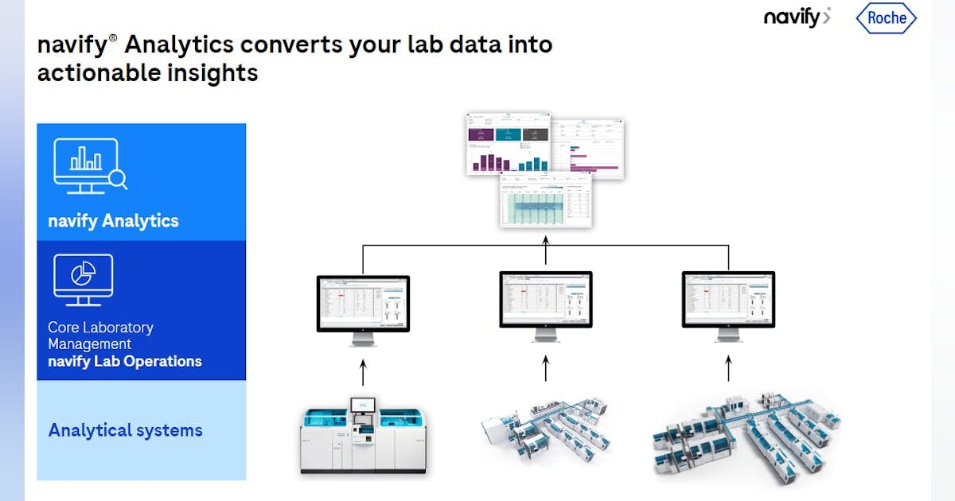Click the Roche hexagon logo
[x=887, y=18]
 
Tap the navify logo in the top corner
[x=797, y=17]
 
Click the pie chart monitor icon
[x=83, y=279]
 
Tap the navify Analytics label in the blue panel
[x=114, y=221]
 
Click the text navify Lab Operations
[x=125, y=361]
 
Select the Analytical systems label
[x=126, y=430]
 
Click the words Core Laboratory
[x=100, y=327]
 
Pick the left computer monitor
[x=363, y=306]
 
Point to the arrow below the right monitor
[x=728, y=368]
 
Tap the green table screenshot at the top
[x=546, y=201]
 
